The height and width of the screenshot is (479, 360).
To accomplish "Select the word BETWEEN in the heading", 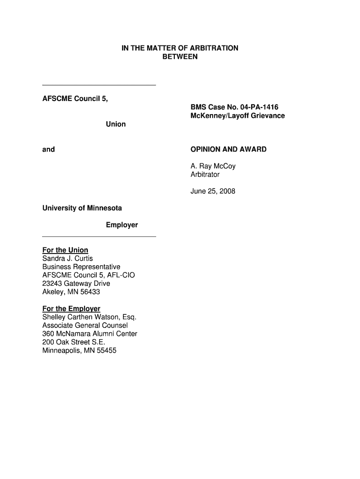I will click(x=180, y=57).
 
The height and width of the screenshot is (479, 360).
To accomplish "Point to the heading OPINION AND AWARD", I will click(x=228, y=149).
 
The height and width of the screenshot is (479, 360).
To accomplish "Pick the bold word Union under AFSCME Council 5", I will click(x=115, y=124).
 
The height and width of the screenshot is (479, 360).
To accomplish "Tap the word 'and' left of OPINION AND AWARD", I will click(x=49, y=149).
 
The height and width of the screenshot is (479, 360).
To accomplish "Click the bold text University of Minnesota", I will click(x=82, y=208).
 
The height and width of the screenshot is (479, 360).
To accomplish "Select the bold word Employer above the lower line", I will click(x=122, y=225).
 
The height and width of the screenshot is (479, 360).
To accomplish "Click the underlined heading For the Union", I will click(x=65, y=250).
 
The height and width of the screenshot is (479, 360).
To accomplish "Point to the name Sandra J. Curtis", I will click(x=68, y=258).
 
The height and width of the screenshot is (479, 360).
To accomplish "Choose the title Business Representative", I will click(x=81, y=267).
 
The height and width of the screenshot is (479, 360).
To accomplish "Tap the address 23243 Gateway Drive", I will click(x=76, y=283).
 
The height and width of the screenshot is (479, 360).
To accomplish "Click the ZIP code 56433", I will click(x=91, y=292).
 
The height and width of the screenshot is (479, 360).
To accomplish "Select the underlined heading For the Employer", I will click(x=72, y=309).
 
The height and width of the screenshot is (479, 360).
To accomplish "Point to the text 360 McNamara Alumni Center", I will click(x=90, y=334).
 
